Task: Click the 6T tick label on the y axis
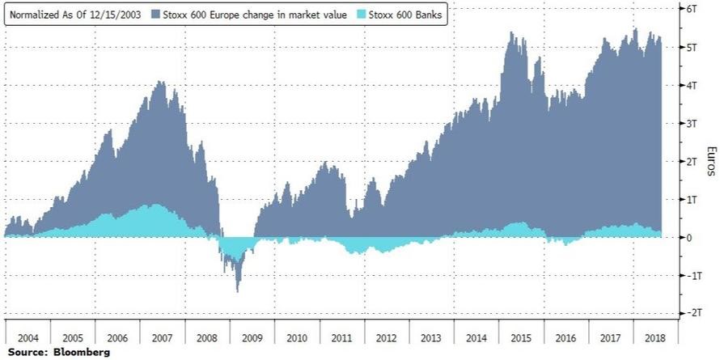(x=691, y=9)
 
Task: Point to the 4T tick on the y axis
(x=691, y=85)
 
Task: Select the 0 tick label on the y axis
(x=688, y=237)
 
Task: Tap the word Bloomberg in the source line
(x=82, y=353)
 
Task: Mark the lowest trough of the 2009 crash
(x=238, y=291)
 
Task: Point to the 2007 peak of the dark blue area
(x=161, y=81)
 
